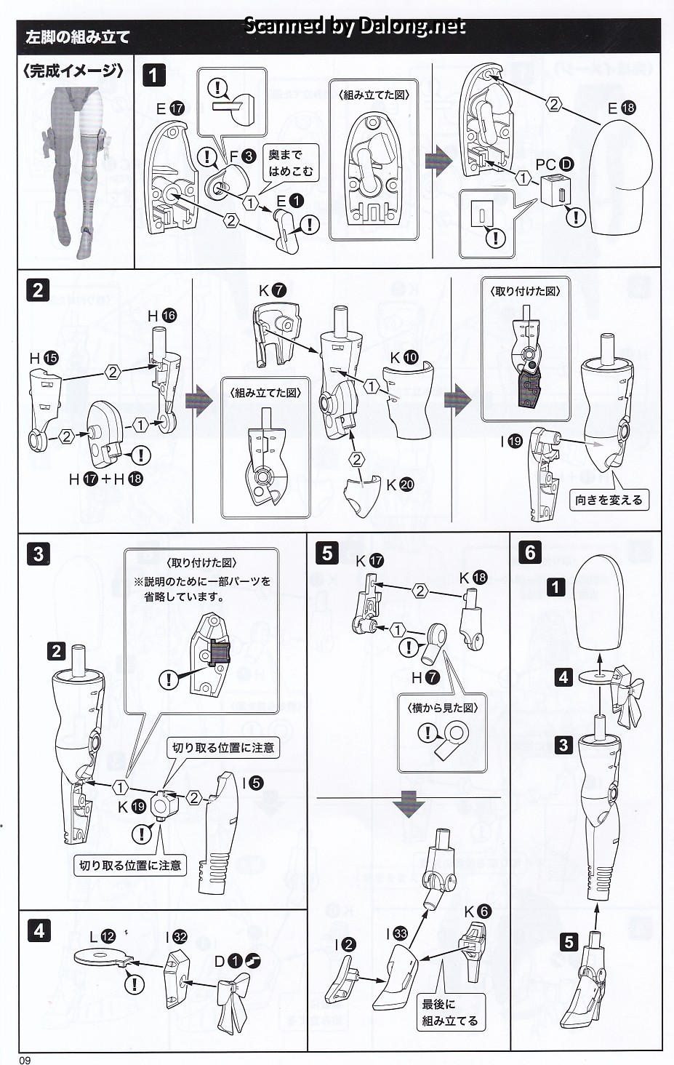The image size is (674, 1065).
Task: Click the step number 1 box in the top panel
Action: click(x=154, y=75)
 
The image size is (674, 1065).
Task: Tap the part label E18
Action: click(x=622, y=108)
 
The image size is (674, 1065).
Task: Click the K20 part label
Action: click(x=399, y=484)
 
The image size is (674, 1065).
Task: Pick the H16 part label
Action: click(x=161, y=316)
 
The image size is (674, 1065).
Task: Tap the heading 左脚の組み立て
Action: click(x=77, y=37)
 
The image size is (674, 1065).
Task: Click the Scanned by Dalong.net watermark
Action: click(x=354, y=26)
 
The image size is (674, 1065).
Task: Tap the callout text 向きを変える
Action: click(x=609, y=500)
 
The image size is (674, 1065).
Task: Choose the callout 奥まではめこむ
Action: click(x=290, y=163)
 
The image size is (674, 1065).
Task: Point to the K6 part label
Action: click(x=478, y=912)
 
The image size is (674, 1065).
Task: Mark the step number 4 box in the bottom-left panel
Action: click(x=39, y=930)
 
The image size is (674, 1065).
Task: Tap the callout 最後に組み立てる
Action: click(x=449, y=1013)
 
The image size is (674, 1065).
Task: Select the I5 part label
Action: click(x=253, y=783)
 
